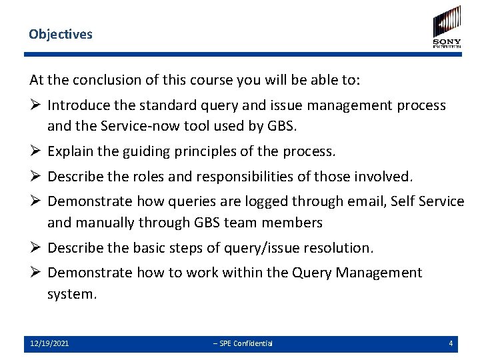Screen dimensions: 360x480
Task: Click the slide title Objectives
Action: click(x=61, y=34)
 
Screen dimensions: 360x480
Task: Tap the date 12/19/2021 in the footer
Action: click(x=49, y=343)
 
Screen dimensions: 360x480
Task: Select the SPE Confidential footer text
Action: click(x=243, y=343)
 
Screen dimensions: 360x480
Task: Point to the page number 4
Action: click(x=451, y=343)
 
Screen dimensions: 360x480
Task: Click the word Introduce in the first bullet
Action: click(x=77, y=105)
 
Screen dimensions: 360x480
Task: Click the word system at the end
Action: click(x=71, y=293)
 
